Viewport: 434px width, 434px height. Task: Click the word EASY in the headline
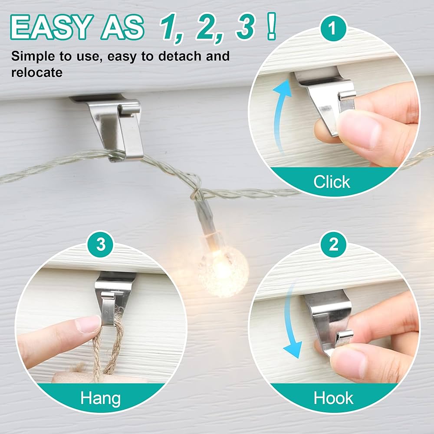[x=52, y=27]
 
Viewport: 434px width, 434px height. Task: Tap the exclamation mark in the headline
[x=272, y=26]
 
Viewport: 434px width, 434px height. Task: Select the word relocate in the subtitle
[x=37, y=72]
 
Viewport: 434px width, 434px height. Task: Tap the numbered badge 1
[x=333, y=28]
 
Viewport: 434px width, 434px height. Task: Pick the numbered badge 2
[x=334, y=244]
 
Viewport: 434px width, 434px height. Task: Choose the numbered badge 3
[x=101, y=244]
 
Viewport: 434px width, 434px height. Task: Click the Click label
[x=332, y=182]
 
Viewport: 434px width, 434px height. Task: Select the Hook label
[x=333, y=398]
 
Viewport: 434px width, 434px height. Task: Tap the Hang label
[x=101, y=398]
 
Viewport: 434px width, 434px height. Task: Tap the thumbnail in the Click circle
[x=358, y=130]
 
